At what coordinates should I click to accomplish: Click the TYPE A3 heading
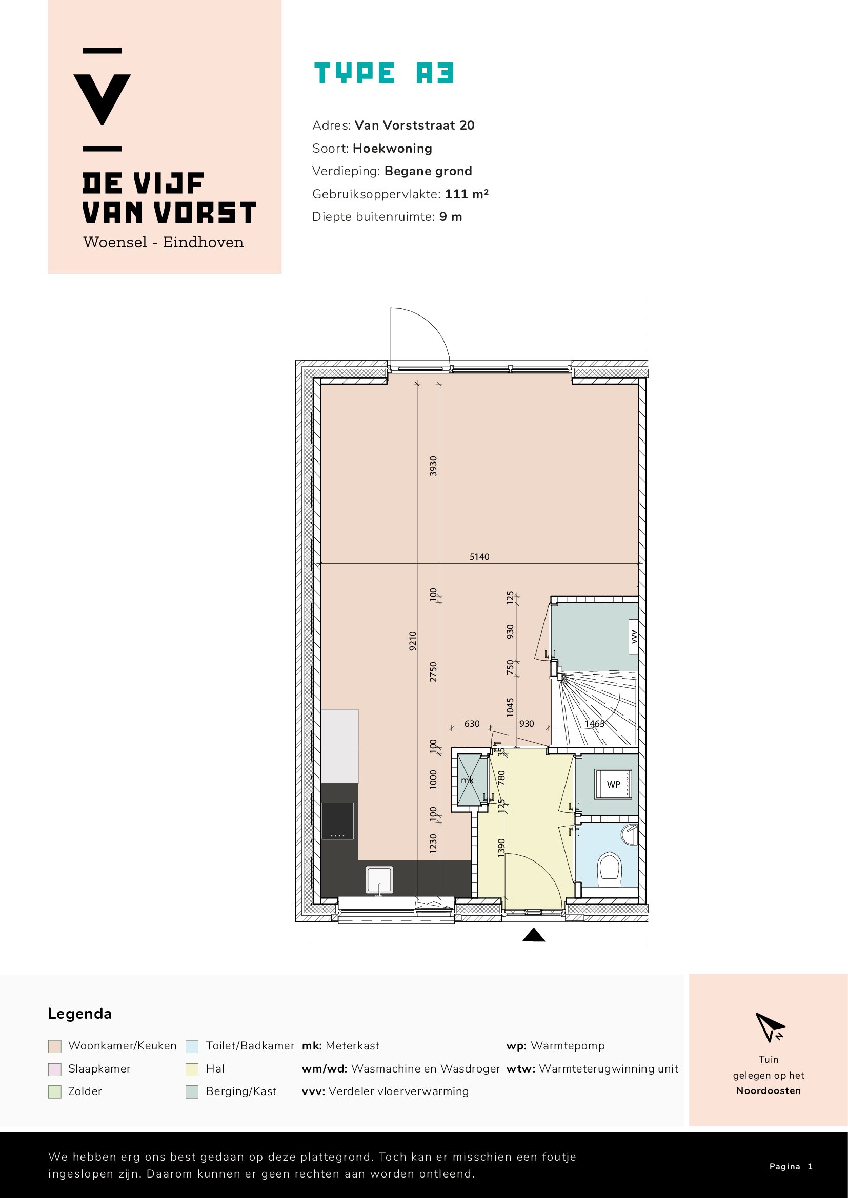click(x=384, y=73)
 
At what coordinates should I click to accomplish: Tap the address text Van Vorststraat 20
click(x=414, y=125)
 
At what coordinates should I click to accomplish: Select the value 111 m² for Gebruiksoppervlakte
click(x=466, y=194)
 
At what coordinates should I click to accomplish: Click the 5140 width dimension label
click(x=479, y=557)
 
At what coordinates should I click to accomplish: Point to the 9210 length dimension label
click(x=413, y=640)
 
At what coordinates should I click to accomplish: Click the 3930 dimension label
click(x=433, y=466)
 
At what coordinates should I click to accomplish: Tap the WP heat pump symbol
click(x=613, y=784)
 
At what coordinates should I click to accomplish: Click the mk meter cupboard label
click(x=467, y=781)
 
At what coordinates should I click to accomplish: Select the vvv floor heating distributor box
click(x=633, y=636)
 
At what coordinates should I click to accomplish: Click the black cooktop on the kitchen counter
click(x=337, y=821)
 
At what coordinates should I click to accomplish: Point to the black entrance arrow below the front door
click(x=533, y=935)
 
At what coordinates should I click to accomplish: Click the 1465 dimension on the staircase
click(x=594, y=724)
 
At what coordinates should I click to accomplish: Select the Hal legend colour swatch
click(x=192, y=1069)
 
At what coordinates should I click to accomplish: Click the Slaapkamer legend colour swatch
click(x=55, y=1069)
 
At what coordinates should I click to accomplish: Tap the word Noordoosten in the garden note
click(x=768, y=1090)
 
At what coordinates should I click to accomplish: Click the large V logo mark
click(x=103, y=99)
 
